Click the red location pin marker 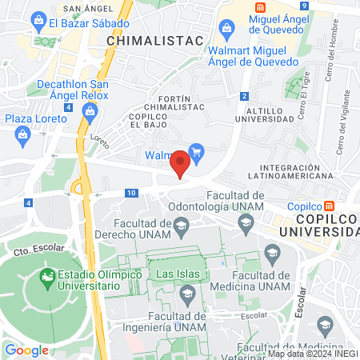point(181,162)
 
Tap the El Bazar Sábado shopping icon point(38,22)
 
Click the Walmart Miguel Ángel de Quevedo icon point(226,31)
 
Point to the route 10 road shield point(130,193)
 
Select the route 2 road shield point(243,97)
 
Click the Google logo point(26,350)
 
